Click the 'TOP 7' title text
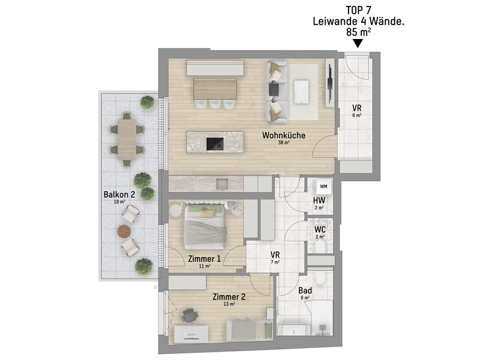point(358,10)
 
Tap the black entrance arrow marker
point(358,43)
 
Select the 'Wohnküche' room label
point(283,136)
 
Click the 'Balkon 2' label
point(119,194)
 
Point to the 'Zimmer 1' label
point(204,259)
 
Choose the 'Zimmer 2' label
point(229,296)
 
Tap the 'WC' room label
point(320,229)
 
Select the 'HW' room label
point(319,200)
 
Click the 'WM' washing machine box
point(323,186)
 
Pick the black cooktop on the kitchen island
point(215,144)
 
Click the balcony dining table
point(127,139)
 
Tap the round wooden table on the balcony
point(124,231)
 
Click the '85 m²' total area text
point(358,32)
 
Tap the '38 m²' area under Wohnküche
point(283,143)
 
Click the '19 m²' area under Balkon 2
point(119,202)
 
